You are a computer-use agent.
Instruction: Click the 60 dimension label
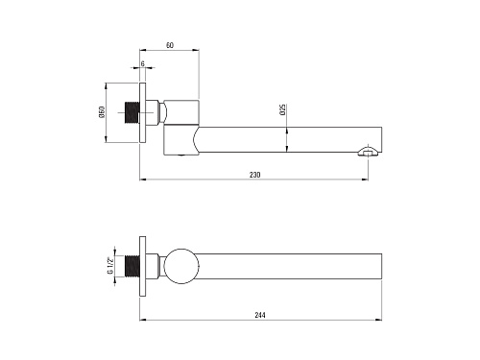(x=170, y=45)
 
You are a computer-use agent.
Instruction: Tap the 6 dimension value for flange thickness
(x=143, y=63)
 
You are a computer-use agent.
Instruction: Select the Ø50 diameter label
(x=102, y=112)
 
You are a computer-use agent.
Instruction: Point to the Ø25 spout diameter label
(x=283, y=109)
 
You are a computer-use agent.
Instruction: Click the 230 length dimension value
(x=255, y=175)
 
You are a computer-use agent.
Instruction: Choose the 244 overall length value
(x=260, y=315)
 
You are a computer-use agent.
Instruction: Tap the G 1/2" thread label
(x=110, y=266)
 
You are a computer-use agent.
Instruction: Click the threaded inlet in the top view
(x=132, y=112)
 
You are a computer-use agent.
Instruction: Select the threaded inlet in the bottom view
(x=132, y=266)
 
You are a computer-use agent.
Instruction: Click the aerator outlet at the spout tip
(x=369, y=151)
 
